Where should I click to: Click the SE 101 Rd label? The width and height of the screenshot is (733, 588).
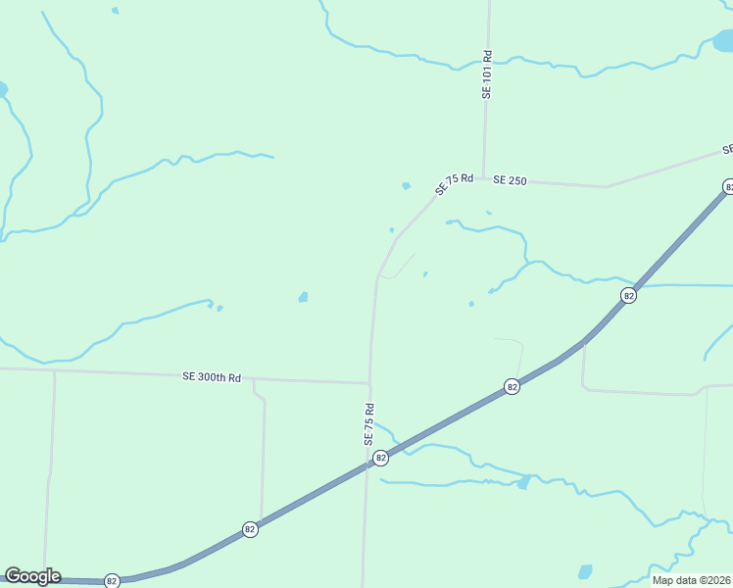(x=486, y=74)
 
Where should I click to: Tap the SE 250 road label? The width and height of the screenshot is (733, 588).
(x=511, y=180)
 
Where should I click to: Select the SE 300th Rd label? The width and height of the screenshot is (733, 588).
(x=212, y=376)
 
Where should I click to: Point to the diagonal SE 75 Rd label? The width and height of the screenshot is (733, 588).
(x=454, y=183)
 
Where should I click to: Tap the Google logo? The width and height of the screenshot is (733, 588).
(x=32, y=576)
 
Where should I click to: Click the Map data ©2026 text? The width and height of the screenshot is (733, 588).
(x=691, y=580)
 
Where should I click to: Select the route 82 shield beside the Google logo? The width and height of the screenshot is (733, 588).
(x=112, y=580)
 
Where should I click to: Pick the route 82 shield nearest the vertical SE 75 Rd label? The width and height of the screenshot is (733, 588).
(x=381, y=457)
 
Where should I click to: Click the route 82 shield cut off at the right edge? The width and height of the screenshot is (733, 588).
(x=728, y=186)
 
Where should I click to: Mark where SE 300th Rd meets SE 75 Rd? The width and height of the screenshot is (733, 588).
(x=369, y=383)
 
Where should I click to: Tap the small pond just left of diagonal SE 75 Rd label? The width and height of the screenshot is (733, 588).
(x=406, y=185)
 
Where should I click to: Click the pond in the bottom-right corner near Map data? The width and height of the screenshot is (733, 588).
(x=586, y=571)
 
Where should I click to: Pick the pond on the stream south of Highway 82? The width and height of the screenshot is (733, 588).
(x=524, y=481)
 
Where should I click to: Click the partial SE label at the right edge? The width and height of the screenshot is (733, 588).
(x=727, y=150)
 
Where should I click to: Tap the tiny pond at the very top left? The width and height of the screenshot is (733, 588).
(x=116, y=11)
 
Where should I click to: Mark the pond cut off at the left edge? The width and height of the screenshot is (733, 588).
(x=2, y=89)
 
